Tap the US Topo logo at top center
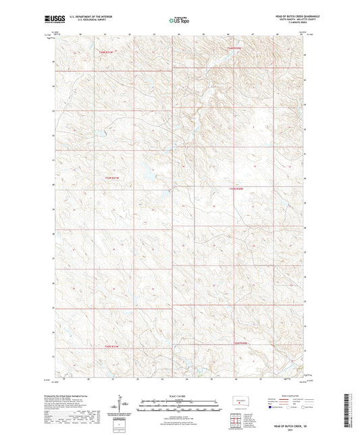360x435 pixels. point(179,20)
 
